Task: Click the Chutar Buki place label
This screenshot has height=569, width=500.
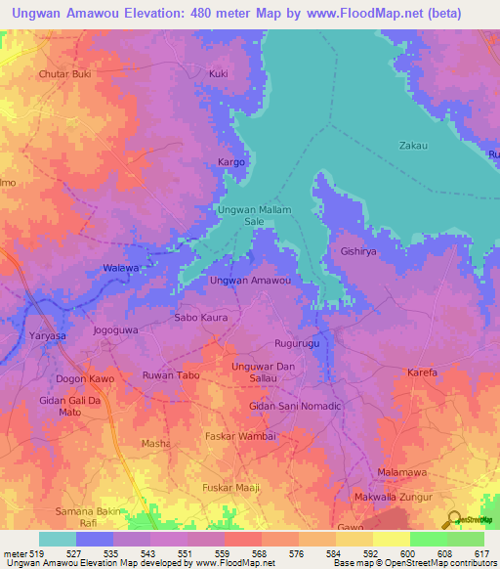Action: pyautogui.click(x=64, y=73)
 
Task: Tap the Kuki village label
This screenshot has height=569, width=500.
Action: pyautogui.click(x=219, y=73)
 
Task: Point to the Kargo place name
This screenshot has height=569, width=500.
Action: pyautogui.click(x=230, y=161)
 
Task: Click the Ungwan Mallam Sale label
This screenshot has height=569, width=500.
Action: pyautogui.click(x=253, y=215)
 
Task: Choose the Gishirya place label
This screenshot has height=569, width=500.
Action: pyautogui.click(x=358, y=251)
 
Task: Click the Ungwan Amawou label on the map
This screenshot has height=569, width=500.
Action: pyautogui.click(x=251, y=281)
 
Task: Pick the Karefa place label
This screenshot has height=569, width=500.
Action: pyautogui.click(x=423, y=372)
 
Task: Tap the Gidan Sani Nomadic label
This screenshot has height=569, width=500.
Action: pyautogui.click(x=295, y=406)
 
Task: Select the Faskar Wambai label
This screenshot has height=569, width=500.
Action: pyautogui.click(x=241, y=435)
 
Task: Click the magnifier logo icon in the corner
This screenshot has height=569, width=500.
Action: pyautogui.click(x=452, y=519)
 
